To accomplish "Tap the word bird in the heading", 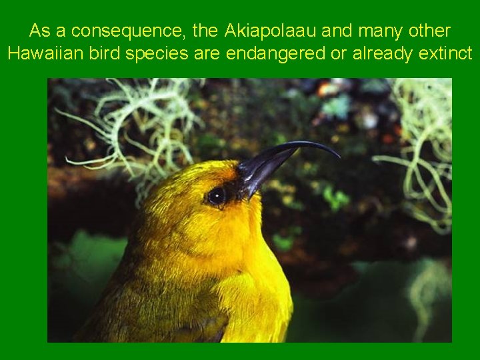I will coord(105,54).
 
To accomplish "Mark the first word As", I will coord(39,31).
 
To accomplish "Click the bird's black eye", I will coord(216,195).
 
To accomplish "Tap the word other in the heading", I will coord(428,31).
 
